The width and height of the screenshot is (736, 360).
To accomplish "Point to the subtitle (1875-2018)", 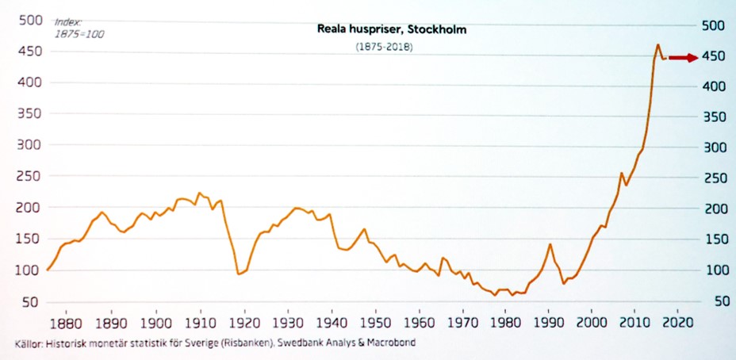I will click(384, 48).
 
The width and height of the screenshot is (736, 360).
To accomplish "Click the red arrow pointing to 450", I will click(681, 57).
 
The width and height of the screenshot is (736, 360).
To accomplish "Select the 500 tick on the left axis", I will click(29, 21).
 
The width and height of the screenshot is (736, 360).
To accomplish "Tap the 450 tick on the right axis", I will click(712, 56).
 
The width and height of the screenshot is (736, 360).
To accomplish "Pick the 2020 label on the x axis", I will click(680, 324).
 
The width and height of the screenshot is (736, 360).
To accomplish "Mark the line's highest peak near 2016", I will click(658, 45).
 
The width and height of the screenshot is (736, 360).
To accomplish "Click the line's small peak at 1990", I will click(550, 244).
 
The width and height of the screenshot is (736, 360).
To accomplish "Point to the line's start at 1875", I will click(48, 270).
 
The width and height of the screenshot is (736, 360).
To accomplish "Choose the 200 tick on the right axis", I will click(712, 209).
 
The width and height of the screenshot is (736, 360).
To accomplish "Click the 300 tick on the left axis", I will click(29, 145).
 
